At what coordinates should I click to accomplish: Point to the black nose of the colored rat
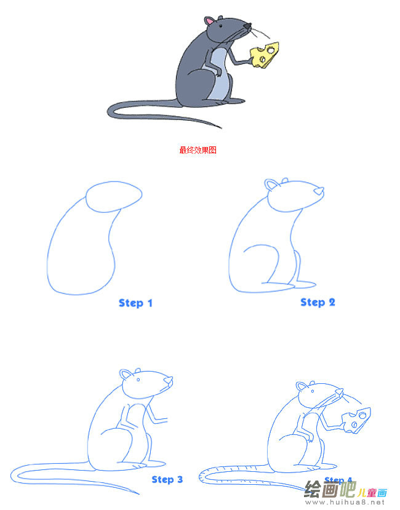(x=247, y=26)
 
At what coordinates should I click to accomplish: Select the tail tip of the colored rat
(x=218, y=127)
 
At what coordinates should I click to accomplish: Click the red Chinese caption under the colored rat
(x=198, y=149)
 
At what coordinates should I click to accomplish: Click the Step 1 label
(x=135, y=303)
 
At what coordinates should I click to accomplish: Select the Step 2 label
(x=318, y=301)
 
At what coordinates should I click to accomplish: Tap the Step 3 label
(x=167, y=479)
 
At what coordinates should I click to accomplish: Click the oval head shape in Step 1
(x=114, y=196)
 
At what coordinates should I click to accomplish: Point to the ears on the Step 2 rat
(x=271, y=185)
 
